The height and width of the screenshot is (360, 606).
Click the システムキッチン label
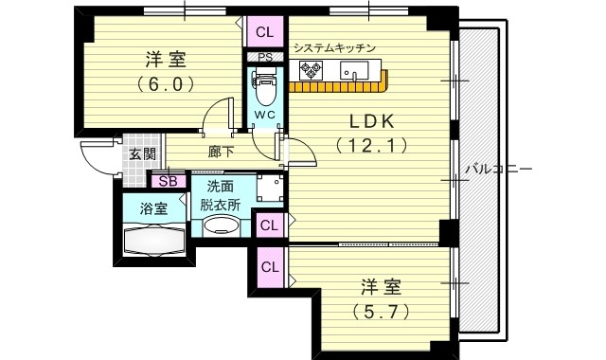click(x=335, y=47)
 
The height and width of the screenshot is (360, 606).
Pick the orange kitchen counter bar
click(x=340, y=86)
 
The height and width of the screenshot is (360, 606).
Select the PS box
click(x=264, y=56)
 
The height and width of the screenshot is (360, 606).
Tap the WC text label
click(x=264, y=116)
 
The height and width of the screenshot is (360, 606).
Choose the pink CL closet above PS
click(x=264, y=32)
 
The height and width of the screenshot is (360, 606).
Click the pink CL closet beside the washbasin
click(x=269, y=225)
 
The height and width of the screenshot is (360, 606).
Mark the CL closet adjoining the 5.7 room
click(x=269, y=266)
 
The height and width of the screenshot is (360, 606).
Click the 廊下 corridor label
click(x=222, y=151)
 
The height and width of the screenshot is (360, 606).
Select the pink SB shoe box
click(x=168, y=182)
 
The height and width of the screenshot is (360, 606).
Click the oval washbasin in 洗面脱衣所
click(x=223, y=225)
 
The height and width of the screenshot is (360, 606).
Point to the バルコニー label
click(x=499, y=169)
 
